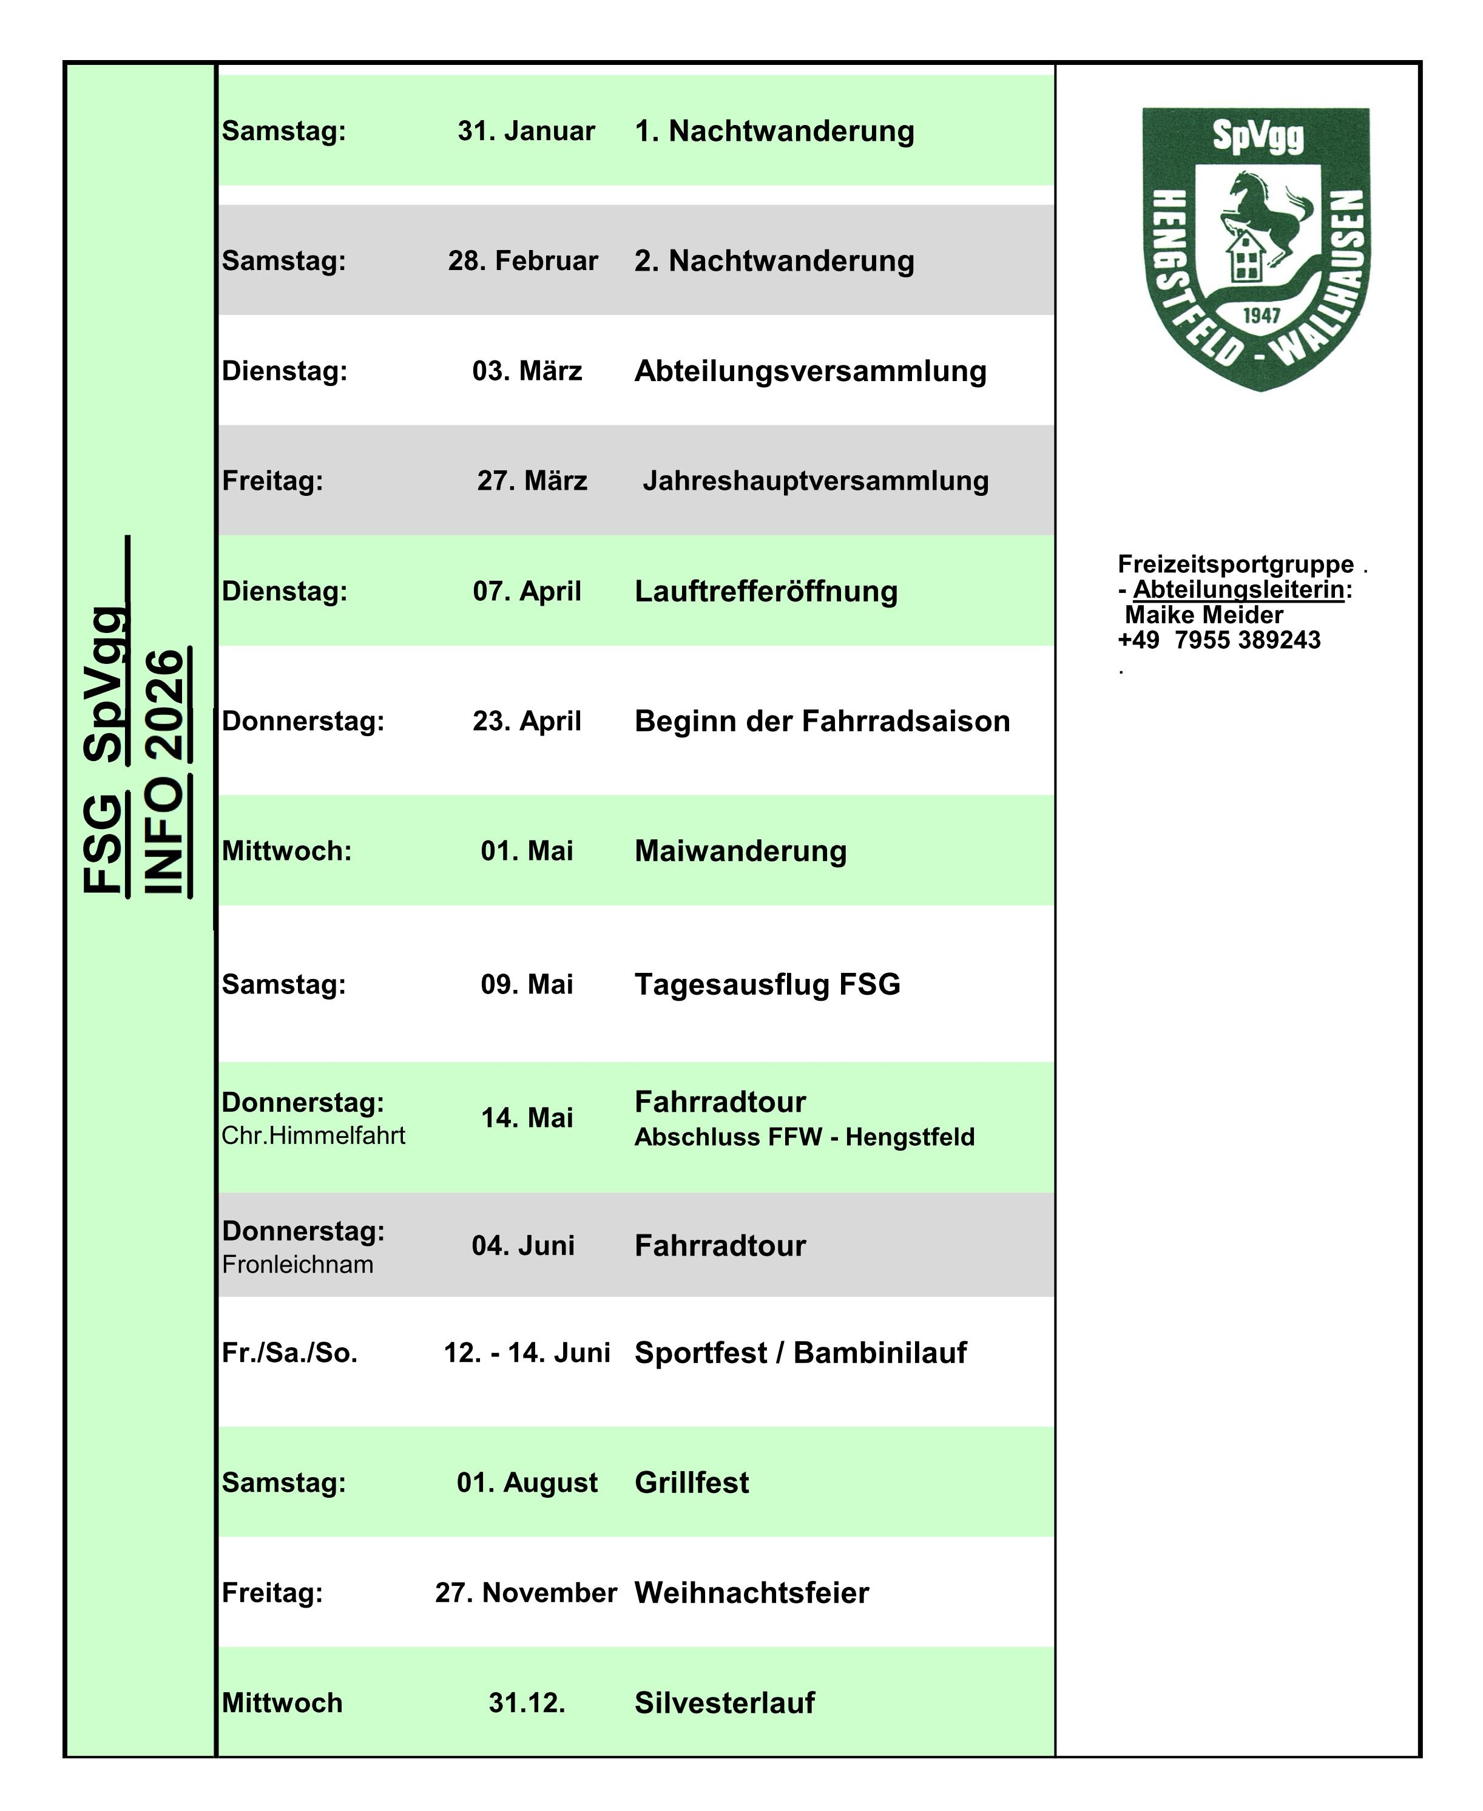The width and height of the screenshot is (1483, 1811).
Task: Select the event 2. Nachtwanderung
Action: click(x=773, y=260)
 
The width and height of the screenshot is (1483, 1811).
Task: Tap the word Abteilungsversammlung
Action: click(x=810, y=371)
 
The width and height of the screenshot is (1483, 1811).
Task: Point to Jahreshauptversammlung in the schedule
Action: click(x=815, y=481)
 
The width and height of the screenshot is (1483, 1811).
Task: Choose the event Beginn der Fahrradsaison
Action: click(x=822, y=721)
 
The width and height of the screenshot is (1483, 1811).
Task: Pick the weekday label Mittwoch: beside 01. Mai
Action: click(x=286, y=851)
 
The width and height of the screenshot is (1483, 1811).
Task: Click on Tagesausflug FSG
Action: click(x=767, y=984)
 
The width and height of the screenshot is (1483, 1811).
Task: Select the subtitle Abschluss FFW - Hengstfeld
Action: click(x=804, y=1137)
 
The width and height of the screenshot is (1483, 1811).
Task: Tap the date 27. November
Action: click(x=525, y=1593)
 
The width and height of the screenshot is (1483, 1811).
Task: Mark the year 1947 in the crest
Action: click(x=1261, y=315)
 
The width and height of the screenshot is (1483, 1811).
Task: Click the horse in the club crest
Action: click(x=1265, y=214)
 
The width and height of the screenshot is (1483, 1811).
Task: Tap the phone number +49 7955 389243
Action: click(x=1218, y=640)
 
